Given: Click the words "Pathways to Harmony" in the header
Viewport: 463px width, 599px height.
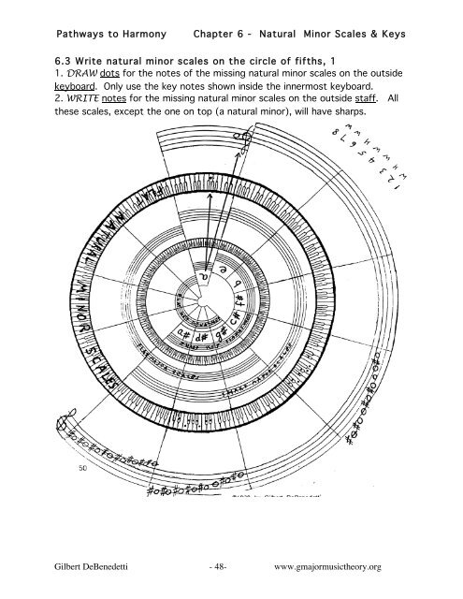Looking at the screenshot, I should pyautogui.click(x=111, y=35).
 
